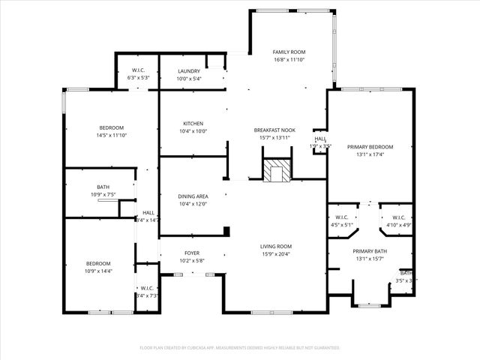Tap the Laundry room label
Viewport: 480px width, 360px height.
point(188,71)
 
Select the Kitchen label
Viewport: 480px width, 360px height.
point(193,124)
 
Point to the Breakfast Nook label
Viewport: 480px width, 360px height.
point(274,130)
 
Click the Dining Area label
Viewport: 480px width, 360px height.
point(193,196)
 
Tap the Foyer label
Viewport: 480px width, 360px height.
point(193,253)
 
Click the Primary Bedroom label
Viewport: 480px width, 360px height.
point(370,147)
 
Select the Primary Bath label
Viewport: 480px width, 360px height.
point(370,251)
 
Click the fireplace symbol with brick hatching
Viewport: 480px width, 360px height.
point(275,171)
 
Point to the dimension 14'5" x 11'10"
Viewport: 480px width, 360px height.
point(111,136)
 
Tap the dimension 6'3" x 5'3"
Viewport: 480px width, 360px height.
point(139,78)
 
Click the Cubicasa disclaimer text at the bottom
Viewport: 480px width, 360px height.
point(240,348)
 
